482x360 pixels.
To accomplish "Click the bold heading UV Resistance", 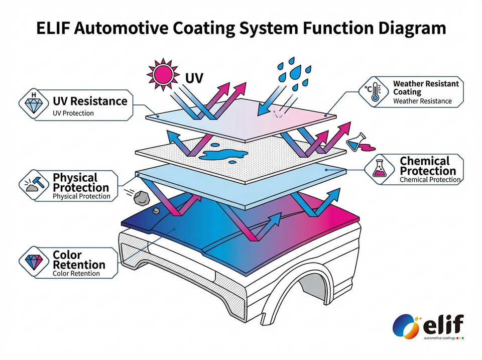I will (x=90, y=101).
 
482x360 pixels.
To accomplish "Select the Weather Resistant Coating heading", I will (x=426, y=88).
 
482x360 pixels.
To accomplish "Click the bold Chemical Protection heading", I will (x=428, y=166).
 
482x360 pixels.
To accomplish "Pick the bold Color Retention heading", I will (x=79, y=260).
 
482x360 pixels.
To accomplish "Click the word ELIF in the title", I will (x=54, y=28).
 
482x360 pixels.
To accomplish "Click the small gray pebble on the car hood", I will (x=155, y=211).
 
